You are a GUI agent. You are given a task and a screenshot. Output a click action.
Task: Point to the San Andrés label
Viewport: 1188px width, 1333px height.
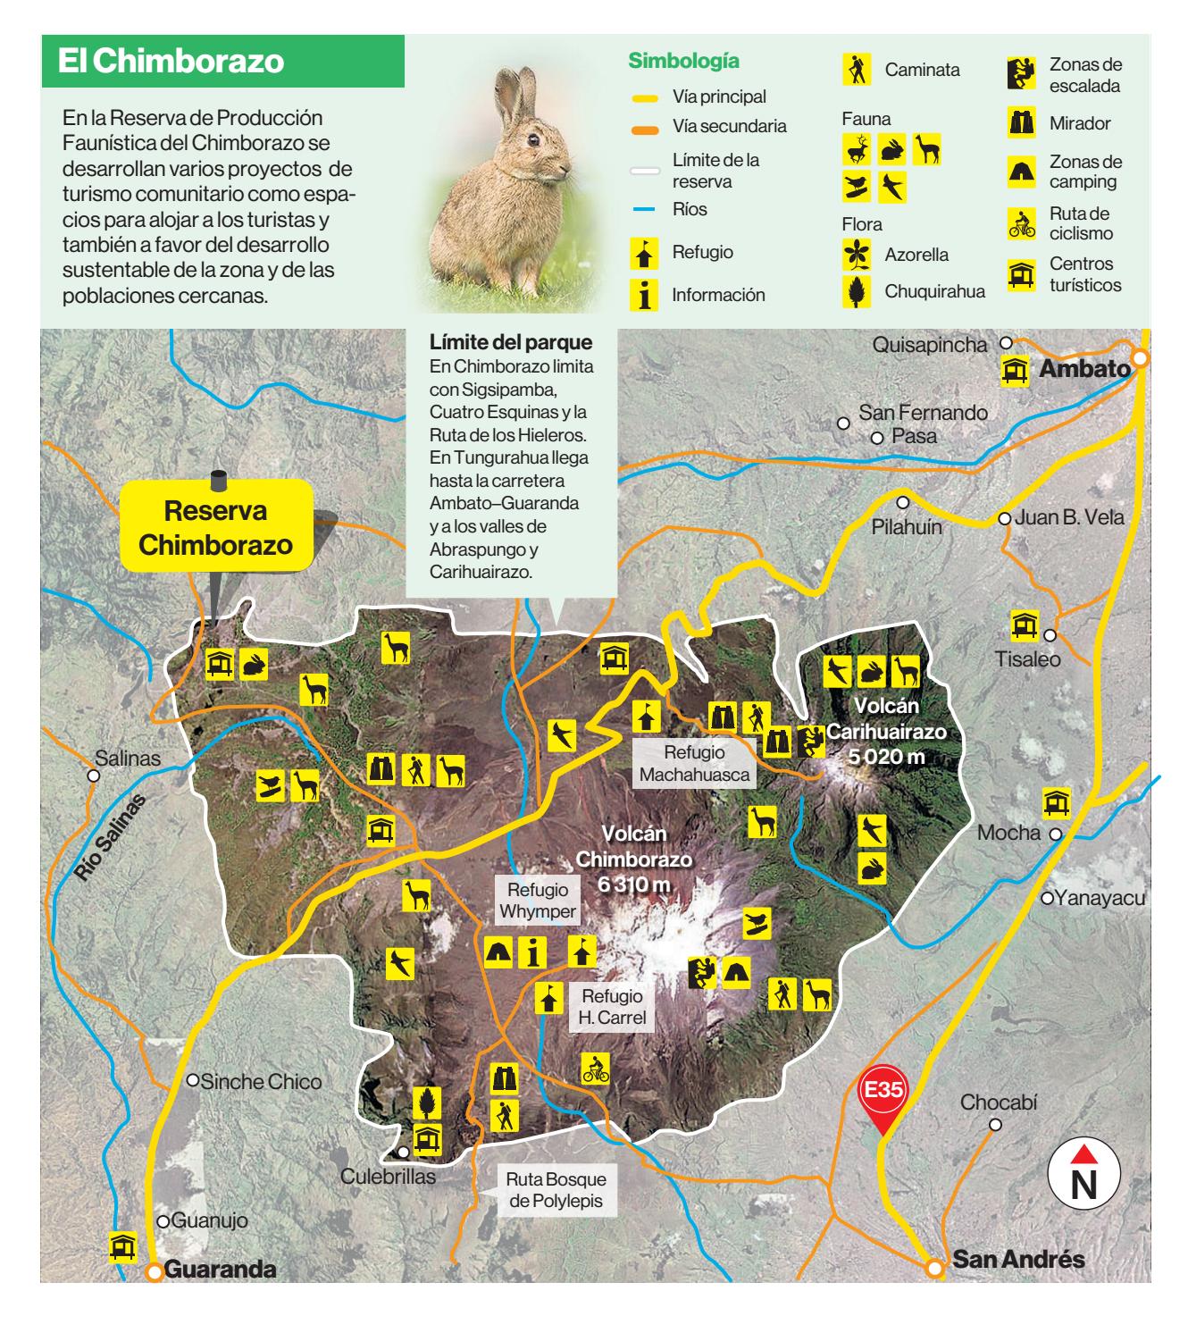pyautogui.click(x=1018, y=1260)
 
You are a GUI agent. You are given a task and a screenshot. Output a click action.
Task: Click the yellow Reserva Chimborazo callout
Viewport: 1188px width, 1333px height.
pyautogui.click(x=216, y=528)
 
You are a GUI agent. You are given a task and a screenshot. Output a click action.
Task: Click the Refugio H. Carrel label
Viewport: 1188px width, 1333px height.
pyautogui.click(x=612, y=1007)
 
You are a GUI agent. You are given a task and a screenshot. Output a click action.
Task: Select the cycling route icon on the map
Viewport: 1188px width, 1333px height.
pyautogui.click(x=595, y=1069)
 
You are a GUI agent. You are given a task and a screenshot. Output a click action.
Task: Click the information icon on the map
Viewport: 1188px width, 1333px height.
pyautogui.click(x=533, y=952)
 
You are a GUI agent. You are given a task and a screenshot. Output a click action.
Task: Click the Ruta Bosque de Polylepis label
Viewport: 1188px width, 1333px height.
pyautogui.click(x=556, y=1190)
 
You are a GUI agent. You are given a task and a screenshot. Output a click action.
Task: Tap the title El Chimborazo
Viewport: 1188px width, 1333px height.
pyautogui.click(x=171, y=62)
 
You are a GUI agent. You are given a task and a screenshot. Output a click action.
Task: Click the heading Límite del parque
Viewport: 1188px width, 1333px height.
pyautogui.click(x=511, y=342)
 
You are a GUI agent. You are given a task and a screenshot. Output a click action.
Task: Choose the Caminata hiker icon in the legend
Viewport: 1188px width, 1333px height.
pyautogui.click(x=857, y=69)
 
